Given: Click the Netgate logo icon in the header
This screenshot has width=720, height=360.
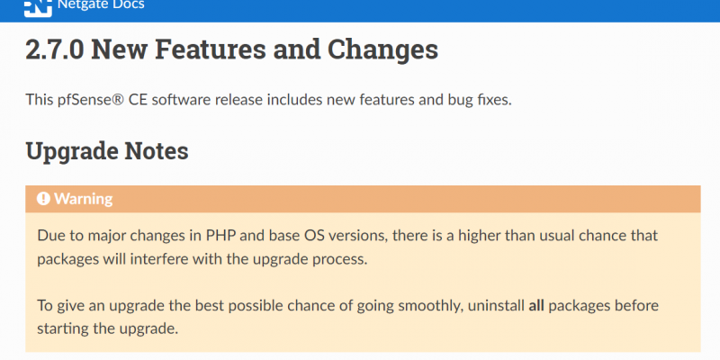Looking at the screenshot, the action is click(x=38, y=8).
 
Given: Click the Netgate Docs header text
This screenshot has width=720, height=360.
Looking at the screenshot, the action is click(x=101, y=5).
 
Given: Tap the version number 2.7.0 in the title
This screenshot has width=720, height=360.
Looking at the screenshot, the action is click(x=55, y=50).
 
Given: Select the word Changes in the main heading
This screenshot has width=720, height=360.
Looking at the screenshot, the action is click(x=382, y=50).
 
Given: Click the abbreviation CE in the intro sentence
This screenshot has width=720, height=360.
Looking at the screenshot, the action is click(x=138, y=99).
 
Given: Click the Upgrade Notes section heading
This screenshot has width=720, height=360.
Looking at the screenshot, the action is click(x=107, y=150).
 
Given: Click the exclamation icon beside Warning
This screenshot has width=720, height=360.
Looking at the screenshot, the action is click(x=43, y=198).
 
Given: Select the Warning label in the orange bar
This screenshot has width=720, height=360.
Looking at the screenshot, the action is click(x=83, y=199).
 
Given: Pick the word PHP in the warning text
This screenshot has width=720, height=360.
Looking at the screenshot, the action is click(x=220, y=236).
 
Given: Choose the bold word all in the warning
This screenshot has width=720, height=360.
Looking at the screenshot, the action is click(x=535, y=305).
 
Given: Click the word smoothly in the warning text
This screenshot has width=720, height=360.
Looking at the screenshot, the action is click(x=430, y=306).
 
